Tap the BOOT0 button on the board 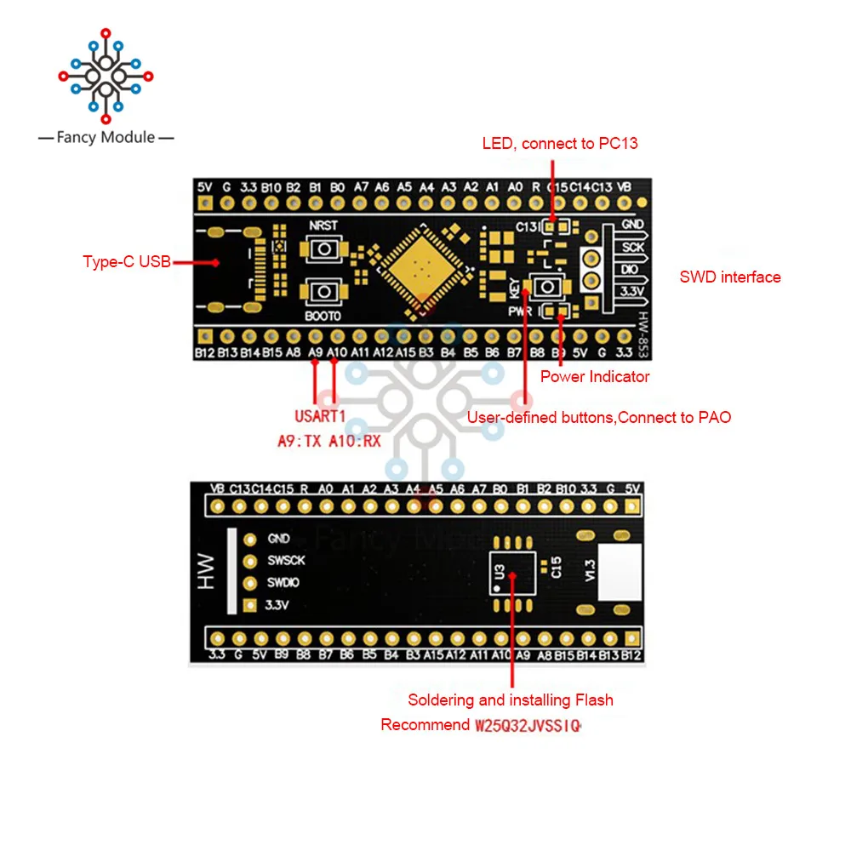(x=323, y=292)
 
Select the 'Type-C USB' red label (x=126, y=261)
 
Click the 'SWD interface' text (x=729, y=277)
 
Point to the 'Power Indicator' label (x=595, y=376)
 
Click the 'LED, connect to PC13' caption (x=560, y=143)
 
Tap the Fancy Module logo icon (x=106, y=77)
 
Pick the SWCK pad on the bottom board (x=249, y=561)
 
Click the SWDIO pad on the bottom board (x=249, y=584)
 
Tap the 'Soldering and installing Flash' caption (x=511, y=700)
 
